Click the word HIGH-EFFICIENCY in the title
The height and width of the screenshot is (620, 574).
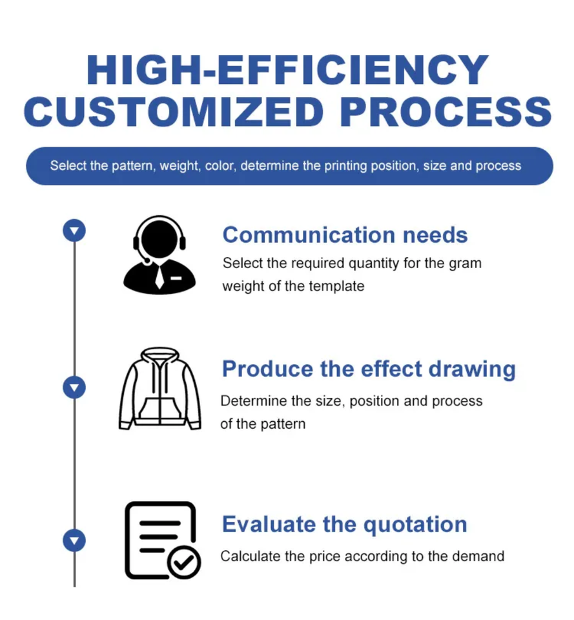pyautogui.click(x=287, y=70)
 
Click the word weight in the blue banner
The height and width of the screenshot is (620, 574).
pyautogui.click(x=180, y=166)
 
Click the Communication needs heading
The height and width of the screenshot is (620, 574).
pyautogui.click(x=345, y=235)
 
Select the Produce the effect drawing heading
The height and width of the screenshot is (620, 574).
pyautogui.click(x=369, y=369)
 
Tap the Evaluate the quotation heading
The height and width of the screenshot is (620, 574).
pyautogui.click(x=344, y=524)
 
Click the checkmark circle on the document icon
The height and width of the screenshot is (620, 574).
pyautogui.click(x=184, y=563)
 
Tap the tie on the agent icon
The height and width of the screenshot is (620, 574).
pyautogui.click(x=159, y=276)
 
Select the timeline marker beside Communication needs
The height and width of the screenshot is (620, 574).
pyautogui.click(x=74, y=231)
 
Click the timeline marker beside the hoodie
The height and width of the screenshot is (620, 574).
pyautogui.click(x=74, y=387)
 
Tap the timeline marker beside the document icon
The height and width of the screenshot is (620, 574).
pyautogui.click(x=74, y=541)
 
